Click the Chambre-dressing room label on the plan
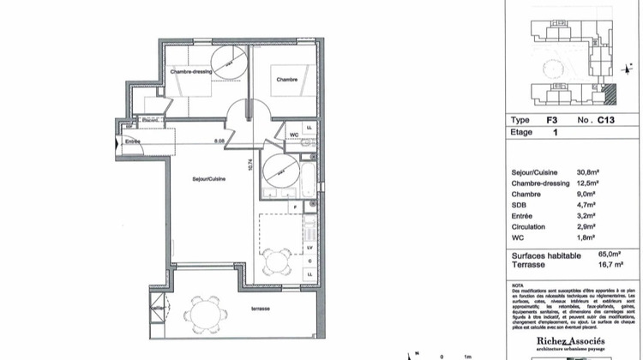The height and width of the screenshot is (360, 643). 191,72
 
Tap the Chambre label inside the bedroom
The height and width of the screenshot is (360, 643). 286,80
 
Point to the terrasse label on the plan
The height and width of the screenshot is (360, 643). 261,309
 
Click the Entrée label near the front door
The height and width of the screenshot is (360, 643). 133,141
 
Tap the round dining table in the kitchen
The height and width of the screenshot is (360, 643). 277,258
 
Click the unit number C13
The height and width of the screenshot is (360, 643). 606,121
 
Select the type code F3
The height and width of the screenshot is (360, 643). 553,121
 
